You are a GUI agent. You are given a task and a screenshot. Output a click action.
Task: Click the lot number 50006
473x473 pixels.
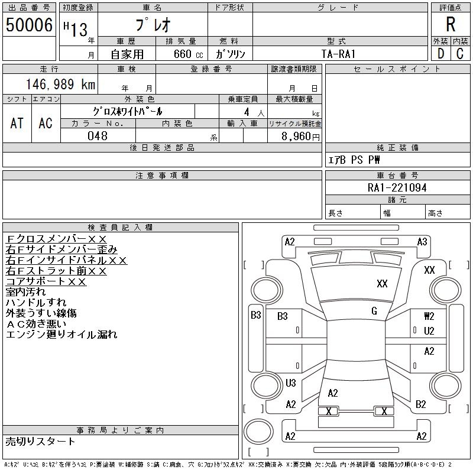click(28, 25)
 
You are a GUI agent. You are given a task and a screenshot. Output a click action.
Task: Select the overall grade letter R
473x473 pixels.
click(451, 25)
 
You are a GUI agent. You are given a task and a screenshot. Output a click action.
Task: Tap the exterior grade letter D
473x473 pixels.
click(440, 53)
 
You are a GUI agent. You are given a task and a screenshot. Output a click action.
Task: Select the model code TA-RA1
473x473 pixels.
click(338, 54)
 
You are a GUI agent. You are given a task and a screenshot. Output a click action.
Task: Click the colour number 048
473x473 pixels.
click(98, 136)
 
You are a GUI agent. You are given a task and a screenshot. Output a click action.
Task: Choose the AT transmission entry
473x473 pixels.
click(17, 123)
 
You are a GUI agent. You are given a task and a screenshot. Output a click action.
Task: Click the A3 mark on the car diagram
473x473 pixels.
click(422, 242)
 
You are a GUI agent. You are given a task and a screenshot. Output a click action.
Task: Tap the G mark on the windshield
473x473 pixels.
click(374, 311)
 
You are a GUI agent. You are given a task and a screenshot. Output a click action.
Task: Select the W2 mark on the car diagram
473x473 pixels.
click(429, 316)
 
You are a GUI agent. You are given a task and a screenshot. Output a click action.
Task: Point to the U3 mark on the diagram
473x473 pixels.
click(290, 383)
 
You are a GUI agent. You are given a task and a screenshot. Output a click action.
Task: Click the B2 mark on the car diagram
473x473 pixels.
click(421, 404)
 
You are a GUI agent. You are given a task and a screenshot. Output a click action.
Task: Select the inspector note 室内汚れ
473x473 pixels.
click(25, 292)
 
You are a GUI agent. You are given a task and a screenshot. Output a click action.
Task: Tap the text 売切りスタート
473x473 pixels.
click(41, 441)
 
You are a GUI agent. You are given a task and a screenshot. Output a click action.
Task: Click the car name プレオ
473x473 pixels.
click(152, 25)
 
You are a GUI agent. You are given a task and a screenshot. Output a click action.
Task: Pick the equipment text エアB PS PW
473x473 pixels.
click(354, 160)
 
